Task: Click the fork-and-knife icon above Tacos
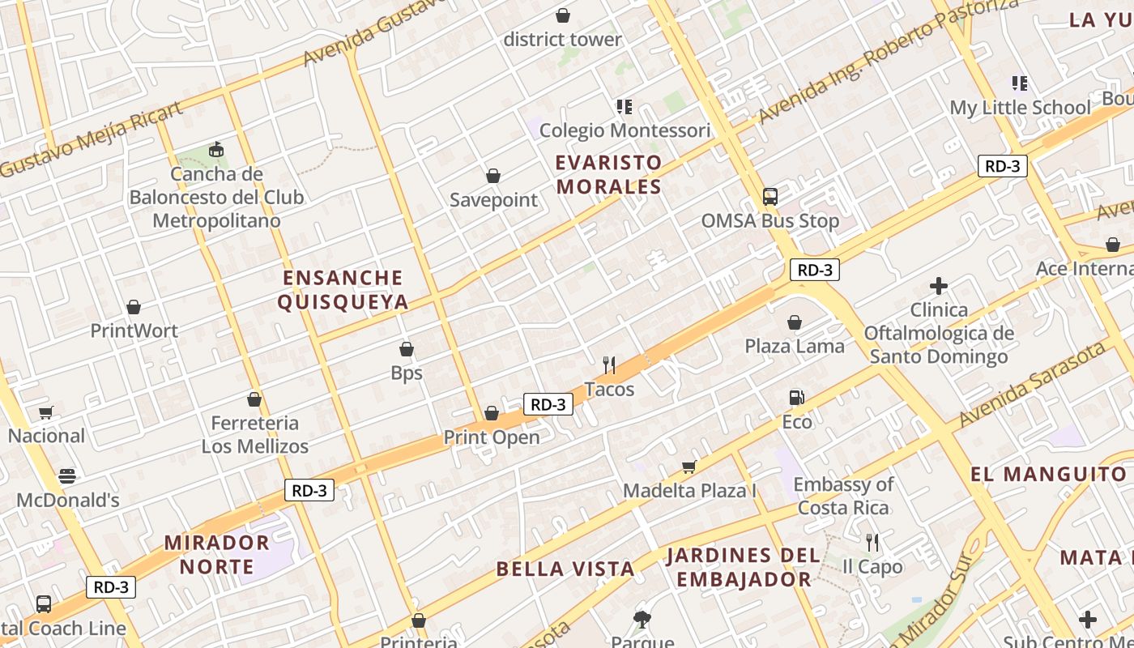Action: pos(609,365)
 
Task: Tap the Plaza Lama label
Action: pos(794,346)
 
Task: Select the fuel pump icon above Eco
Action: pos(797,397)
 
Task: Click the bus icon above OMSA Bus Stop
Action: pos(770,196)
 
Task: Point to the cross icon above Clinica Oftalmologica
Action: pos(939,286)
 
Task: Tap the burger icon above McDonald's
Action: pos(67,475)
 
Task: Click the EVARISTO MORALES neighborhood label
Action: pos(608,174)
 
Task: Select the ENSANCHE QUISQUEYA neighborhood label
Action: pos(343,290)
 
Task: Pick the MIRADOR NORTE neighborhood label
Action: pos(216,554)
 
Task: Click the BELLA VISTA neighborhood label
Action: pos(565,569)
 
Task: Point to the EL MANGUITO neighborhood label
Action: pos(1048,474)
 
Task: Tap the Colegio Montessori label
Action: pos(625,130)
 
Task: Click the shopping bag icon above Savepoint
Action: pos(492,176)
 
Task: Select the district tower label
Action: pos(562,39)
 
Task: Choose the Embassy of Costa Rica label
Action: pos(843,496)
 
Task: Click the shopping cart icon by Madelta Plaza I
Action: pos(688,466)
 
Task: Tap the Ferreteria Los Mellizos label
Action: pos(255,434)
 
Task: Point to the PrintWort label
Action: pos(134,330)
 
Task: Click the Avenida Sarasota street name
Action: pos(1033,385)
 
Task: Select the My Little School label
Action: pos(1020,108)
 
